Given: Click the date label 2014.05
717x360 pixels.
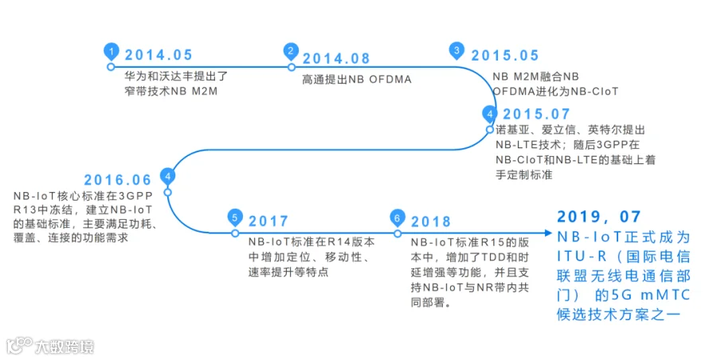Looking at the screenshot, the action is pyautogui.click(x=158, y=55).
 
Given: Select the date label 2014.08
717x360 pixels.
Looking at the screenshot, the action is pyautogui.click(x=336, y=57).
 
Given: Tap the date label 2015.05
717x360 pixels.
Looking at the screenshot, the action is pyautogui.click(x=505, y=55).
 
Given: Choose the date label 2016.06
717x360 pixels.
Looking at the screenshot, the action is pyautogui.click(x=118, y=179).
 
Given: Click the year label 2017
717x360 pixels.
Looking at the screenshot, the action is pyautogui.click(x=268, y=221).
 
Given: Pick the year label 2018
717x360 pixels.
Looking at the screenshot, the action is pyautogui.click(x=430, y=221).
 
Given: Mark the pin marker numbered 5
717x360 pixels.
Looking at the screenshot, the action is pyautogui.click(x=234, y=217).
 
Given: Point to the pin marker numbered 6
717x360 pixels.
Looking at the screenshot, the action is pyautogui.click(x=397, y=217).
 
